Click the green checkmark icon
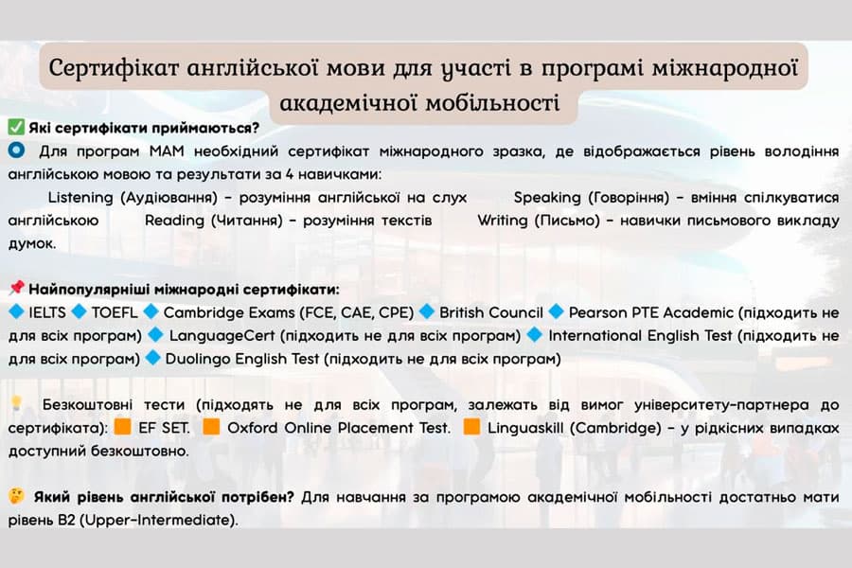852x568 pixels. pyautogui.click(x=16, y=127)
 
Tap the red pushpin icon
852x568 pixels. pyautogui.click(x=16, y=288)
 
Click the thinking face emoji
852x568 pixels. pyautogui.click(x=16, y=496)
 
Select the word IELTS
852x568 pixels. pyautogui.click(x=47, y=312)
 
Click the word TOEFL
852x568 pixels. pyautogui.click(x=115, y=312)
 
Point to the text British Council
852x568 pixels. pyautogui.click(x=491, y=312)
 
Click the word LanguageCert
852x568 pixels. pyautogui.click(x=222, y=336)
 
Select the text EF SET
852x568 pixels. pyautogui.click(x=164, y=428)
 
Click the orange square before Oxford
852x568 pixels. pyautogui.click(x=211, y=427)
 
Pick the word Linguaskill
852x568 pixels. pyautogui.click(x=525, y=428)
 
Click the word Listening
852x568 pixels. pyautogui.click(x=80, y=198)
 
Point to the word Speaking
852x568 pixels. pyautogui.click(x=547, y=198)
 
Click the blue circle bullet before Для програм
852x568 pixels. pyautogui.click(x=16, y=150)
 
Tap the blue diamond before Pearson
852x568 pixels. pyautogui.click(x=556, y=311)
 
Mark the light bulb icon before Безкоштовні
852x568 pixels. pyautogui.click(x=16, y=403)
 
